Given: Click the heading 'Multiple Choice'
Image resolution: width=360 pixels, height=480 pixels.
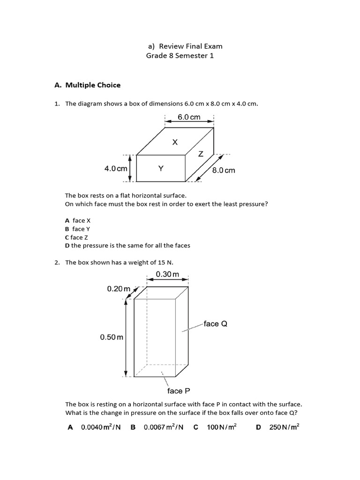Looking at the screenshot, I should (93, 85).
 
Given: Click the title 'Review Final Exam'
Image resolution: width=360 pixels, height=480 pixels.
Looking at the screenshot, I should (191, 46).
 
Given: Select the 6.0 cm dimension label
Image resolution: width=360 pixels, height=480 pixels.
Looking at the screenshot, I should (189, 117).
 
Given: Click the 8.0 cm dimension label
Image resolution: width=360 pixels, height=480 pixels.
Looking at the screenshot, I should (224, 170).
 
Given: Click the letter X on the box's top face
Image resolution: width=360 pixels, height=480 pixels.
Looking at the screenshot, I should (175, 142).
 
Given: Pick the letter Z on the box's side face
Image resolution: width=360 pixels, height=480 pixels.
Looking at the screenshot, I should (201, 154).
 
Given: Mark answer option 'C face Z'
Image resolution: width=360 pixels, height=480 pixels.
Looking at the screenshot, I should (75, 237).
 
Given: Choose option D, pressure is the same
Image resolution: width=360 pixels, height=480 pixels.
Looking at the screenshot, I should (127, 246).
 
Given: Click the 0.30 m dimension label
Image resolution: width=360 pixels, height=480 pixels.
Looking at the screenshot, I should (167, 274).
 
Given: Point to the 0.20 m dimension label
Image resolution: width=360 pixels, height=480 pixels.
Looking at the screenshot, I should (119, 289).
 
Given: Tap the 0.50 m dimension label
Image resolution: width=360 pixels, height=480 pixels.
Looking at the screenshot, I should (112, 337).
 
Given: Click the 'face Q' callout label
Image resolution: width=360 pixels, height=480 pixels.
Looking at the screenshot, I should (215, 324).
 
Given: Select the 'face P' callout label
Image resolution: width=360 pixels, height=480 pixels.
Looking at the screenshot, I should (179, 390).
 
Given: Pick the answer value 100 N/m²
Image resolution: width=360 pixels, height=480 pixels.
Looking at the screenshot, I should (222, 427).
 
